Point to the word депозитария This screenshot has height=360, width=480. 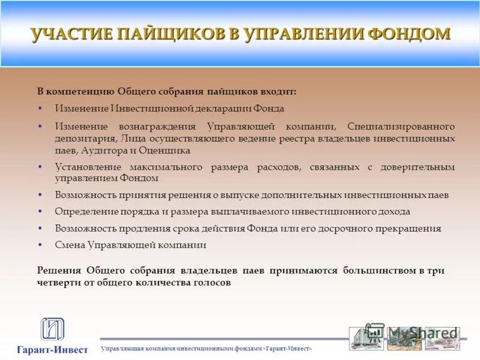click(x=83, y=139)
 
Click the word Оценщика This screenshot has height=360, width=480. click(x=168, y=151)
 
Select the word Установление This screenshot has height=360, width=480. click(x=88, y=167)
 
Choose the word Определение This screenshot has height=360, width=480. click(x=84, y=212)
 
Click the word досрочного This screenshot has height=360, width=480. click(x=354, y=229)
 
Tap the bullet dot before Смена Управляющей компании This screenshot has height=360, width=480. click(x=40, y=245)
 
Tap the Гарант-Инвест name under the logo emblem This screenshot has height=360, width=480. click(x=52, y=349)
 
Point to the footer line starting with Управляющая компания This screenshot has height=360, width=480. click(x=206, y=349)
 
